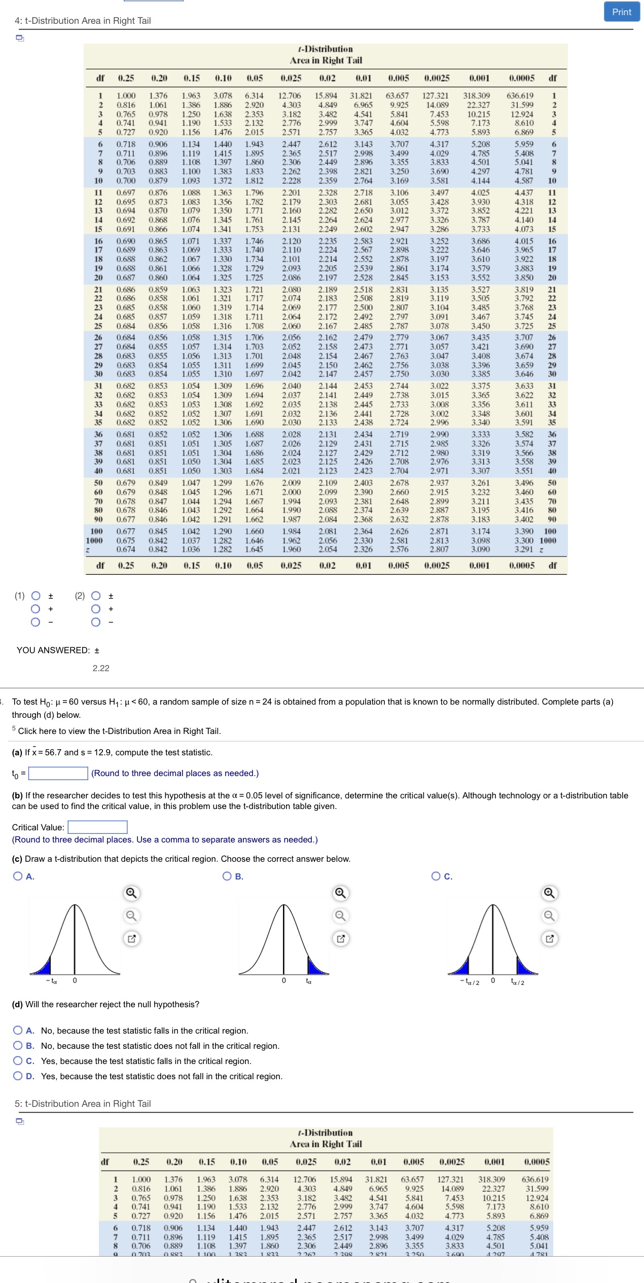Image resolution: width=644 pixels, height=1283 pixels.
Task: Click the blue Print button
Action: tap(621, 12)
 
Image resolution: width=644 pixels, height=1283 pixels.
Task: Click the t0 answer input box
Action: tap(58, 773)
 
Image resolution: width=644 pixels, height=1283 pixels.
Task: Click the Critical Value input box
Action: tap(97, 827)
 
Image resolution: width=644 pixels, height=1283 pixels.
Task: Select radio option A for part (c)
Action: tap(18, 876)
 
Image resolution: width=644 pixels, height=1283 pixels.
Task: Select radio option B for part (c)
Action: tap(228, 876)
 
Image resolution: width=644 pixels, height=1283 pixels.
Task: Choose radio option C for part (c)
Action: tap(436, 876)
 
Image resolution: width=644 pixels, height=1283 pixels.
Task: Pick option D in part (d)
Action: tap(18, 1076)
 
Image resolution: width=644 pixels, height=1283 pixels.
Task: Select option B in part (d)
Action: tap(18, 1046)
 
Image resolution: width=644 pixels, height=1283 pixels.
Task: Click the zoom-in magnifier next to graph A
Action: tap(131, 893)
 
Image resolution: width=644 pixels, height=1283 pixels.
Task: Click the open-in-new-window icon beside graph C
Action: tap(549, 938)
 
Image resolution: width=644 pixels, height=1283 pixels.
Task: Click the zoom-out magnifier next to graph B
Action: tap(341, 915)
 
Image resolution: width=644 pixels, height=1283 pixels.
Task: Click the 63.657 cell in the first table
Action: tap(397, 96)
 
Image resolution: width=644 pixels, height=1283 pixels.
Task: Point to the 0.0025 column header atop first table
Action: tap(437, 78)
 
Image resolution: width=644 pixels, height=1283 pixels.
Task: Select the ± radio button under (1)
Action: tap(35, 596)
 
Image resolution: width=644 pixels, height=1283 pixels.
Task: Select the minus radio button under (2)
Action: tap(96, 622)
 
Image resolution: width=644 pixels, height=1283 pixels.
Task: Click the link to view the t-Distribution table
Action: tap(119, 731)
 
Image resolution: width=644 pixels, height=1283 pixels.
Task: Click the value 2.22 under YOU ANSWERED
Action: tap(101, 668)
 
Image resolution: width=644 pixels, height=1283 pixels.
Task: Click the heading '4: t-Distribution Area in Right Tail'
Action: tap(83, 21)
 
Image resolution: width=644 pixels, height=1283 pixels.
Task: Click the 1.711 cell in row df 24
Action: tap(254, 317)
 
